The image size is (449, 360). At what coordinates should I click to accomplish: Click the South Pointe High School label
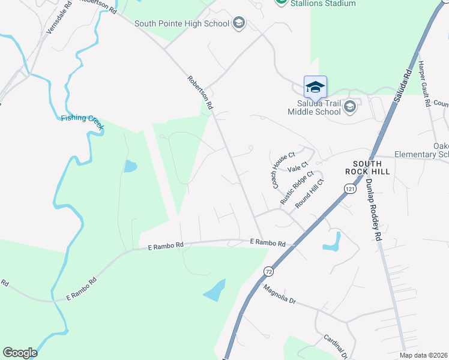point(182,24)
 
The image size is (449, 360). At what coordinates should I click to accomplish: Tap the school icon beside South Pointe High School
point(239,23)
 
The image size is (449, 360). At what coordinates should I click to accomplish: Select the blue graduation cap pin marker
point(315,88)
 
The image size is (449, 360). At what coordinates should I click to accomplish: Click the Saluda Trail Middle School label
point(314,107)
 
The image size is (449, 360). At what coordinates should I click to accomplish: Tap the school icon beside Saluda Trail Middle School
point(351,107)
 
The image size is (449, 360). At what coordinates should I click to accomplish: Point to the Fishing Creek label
point(82,118)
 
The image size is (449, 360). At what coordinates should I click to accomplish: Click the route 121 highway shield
point(350,189)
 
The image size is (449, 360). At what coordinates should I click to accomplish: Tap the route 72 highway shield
point(268,272)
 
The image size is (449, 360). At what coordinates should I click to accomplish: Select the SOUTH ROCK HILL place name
point(371,167)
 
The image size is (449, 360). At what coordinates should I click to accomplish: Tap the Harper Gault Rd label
point(424,83)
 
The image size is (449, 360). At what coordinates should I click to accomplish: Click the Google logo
point(20,353)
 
